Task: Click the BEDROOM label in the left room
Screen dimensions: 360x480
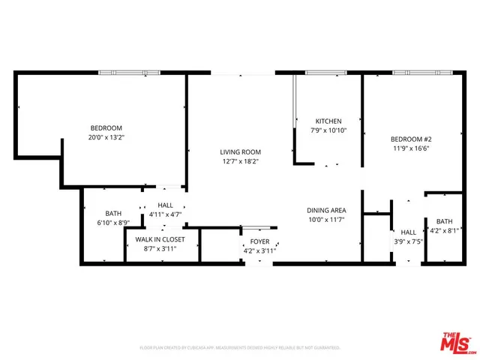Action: (x=106, y=127)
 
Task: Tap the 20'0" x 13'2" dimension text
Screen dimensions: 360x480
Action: (x=106, y=137)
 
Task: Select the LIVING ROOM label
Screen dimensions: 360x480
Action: (x=240, y=151)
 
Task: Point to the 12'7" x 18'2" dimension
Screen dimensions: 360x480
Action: (x=240, y=161)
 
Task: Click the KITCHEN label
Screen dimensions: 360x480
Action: (x=328, y=121)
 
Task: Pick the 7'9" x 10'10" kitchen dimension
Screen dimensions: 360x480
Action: (x=328, y=130)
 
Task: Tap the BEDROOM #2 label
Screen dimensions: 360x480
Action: (x=410, y=139)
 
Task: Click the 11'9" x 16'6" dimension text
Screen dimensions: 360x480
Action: (x=410, y=148)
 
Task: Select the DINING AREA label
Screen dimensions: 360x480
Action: (x=325, y=211)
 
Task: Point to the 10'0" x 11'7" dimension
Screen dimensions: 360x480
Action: (x=325, y=220)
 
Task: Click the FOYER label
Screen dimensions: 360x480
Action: (x=259, y=241)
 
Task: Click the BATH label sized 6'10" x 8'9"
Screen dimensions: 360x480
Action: (x=113, y=213)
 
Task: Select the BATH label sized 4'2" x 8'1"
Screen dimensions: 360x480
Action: (x=445, y=221)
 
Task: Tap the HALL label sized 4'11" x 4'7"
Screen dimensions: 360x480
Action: (x=164, y=205)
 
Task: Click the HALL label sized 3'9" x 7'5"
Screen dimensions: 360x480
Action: (x=408, y=232)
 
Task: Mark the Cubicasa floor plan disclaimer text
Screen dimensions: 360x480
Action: (x=240, y=348)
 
